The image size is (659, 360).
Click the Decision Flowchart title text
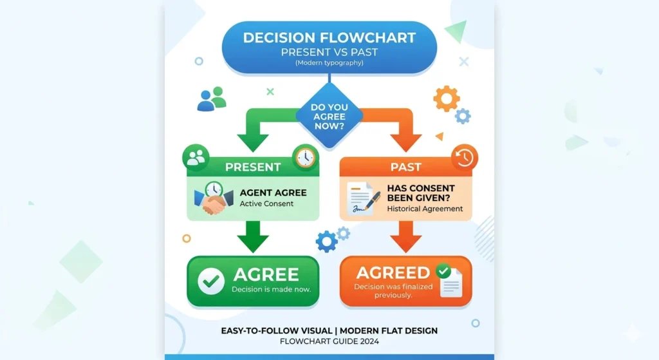pyautogui.click(x=329, y=38)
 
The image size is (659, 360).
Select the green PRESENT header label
pyautogui.click(x=253, y=167)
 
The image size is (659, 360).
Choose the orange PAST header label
pyautogui.click(x=405, y=167)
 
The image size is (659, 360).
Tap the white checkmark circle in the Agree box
pyautogui.click(x=210, y=281)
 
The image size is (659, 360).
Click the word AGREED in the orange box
pyautogui.click(x=393, y=272)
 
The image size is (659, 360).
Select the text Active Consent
pyautogui.click(x=266, y=204)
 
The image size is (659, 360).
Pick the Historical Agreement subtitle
pyautogui.click(x=425, y=209)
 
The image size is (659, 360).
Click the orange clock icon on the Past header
pyautogui.click(x=464, y=157)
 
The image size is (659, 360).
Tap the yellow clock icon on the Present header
pyautogui.click(x=304, y=156)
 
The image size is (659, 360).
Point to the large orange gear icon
pyautogui.click(x=446, y=99)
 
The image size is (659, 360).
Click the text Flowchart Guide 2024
pyautogui.click(x=329, y=341)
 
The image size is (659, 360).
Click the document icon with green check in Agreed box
pyautogui.click(x=450, y=281)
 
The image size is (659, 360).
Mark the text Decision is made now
pyautogui.click(x=271, y=289)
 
